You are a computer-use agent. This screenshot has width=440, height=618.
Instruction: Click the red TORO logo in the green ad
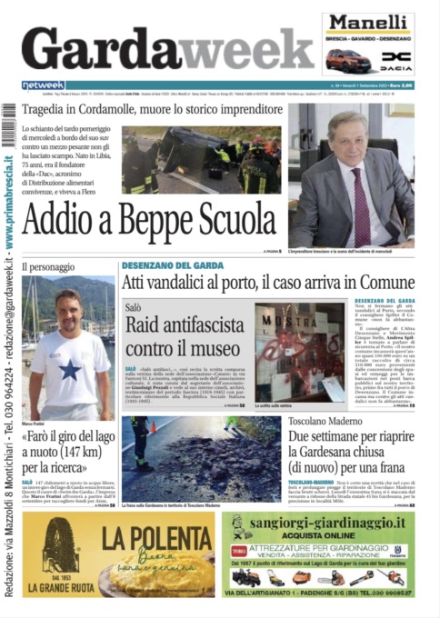(x=240, y=550)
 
